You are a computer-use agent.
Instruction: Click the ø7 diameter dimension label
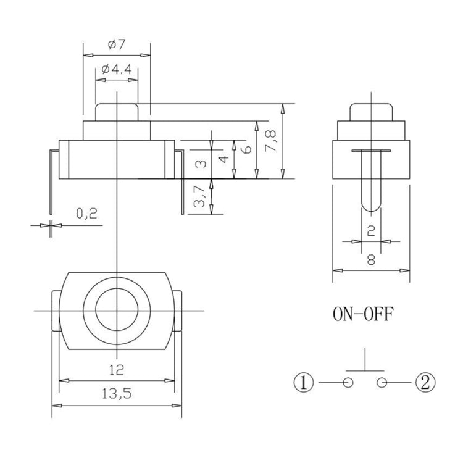117,45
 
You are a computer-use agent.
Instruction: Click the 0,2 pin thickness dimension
86,214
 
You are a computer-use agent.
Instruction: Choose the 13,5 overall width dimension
117,393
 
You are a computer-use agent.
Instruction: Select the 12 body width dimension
117,370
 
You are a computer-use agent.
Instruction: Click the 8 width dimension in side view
370,260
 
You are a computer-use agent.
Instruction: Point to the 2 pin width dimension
370,231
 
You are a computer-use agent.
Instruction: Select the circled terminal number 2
426,383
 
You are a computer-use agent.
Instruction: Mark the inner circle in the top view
117,309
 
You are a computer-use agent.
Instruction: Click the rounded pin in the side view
370,185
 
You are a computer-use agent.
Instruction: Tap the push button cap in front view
117,112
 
